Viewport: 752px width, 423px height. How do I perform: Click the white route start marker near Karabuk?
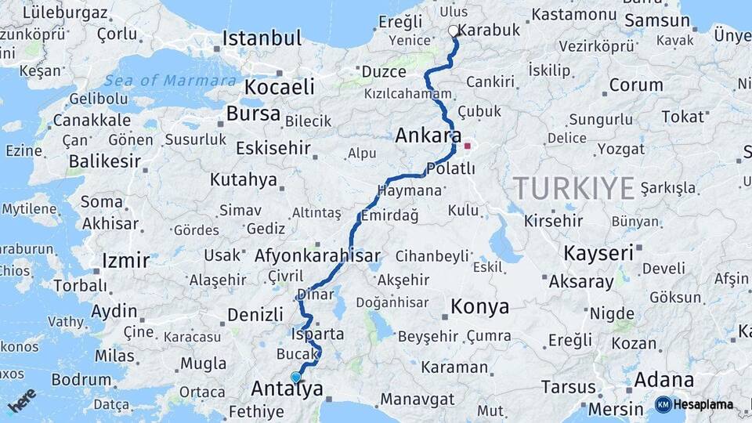click(x=453, y=31)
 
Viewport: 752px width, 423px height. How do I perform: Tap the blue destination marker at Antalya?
click(x=295, y=378)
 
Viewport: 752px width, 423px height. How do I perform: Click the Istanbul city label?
click(x=262, y=38)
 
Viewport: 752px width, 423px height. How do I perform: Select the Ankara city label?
click(x=428, y=136)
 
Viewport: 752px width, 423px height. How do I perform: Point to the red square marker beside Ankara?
click(x=468, y=146)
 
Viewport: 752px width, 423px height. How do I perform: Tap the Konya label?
click(x=480, y=307)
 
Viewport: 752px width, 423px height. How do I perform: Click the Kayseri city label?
click(x=598, y=253)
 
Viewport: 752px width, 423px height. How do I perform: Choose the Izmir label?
click(x=125, y=260)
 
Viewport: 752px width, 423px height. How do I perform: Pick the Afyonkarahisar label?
click(x=317, y=255)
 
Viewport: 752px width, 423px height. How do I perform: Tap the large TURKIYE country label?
click(x=573, y=189)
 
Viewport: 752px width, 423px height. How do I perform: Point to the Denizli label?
click(x=255, y=315)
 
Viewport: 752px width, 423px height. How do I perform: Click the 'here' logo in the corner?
click(x=22, y=400)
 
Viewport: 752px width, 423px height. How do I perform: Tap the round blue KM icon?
click(x=663, y=404)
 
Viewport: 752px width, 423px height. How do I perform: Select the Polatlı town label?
click(x=450, y=169)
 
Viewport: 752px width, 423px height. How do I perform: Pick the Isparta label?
click(x=317, y=334)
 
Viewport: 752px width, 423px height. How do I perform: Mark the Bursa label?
click(x=253, y=114)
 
